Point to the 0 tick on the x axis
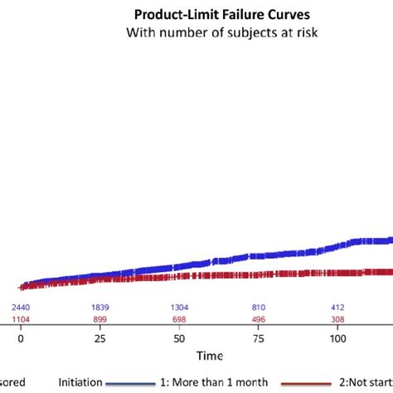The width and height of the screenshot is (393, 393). [21, 339]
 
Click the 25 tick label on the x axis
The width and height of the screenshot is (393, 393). [99, 339]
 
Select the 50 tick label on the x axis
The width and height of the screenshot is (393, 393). [179, 339]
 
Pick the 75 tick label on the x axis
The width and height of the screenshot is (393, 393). [259, 339]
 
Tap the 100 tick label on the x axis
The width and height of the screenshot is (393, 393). [337, 339]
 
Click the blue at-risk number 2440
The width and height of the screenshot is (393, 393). [21, 308]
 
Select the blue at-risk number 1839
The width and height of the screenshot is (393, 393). [99, 308]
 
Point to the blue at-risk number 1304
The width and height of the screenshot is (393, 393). [179, 308]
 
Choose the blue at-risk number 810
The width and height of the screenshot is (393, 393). [259, 308]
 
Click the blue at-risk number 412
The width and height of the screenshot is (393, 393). [337, 308]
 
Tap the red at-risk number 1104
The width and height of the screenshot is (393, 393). [21, 319]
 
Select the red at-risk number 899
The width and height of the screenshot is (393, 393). [99, 319]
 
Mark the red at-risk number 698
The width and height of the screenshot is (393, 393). [179, 319]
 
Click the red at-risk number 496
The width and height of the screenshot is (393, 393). [259, 319]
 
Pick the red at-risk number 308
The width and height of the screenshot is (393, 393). [337, 319]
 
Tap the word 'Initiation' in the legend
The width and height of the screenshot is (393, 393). [80, 382]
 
